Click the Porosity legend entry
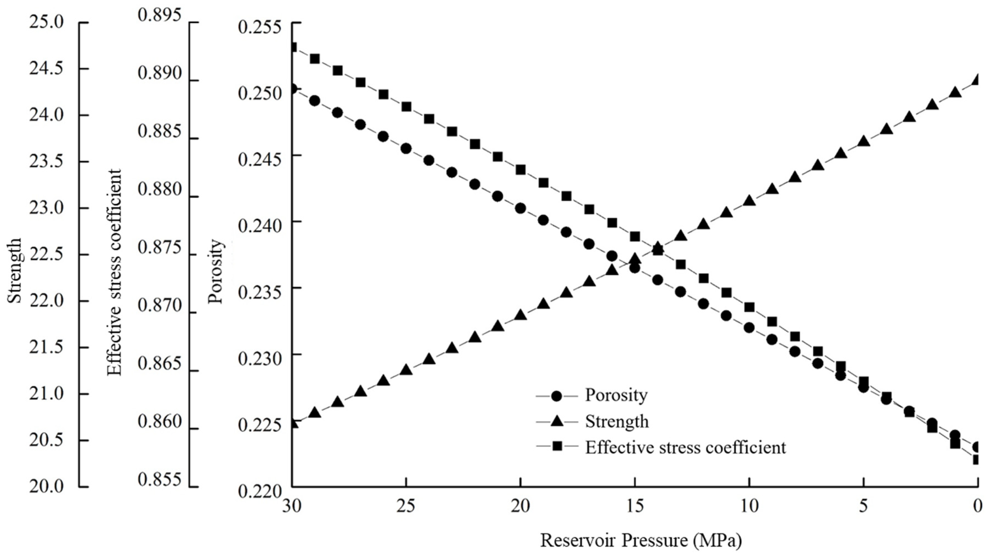point(616,395)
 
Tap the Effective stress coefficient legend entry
point(685,447)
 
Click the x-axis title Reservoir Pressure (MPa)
point(641,540)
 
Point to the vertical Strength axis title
point(15,270)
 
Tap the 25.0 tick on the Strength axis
point(46,22)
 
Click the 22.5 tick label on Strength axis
point(46,255)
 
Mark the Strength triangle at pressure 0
point(977,80)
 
